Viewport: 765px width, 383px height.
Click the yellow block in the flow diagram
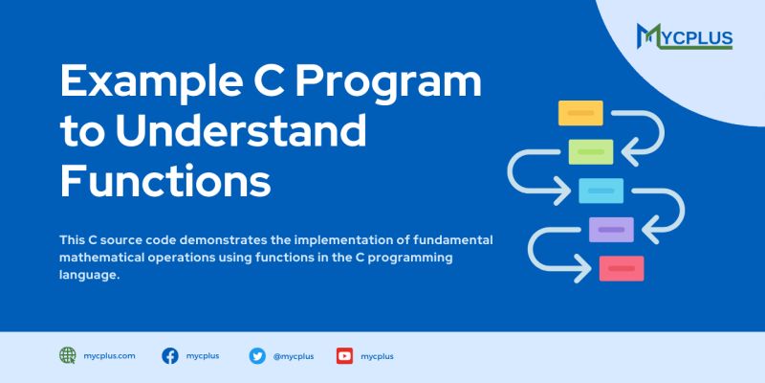click(580, 113)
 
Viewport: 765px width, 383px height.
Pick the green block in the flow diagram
click(591, 151)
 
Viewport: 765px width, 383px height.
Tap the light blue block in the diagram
click(601, 191)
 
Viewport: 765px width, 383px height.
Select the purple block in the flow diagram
click(611, 230)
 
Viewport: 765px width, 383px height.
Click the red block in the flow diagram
click(622, 268)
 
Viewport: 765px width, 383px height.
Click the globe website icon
click(68, 355)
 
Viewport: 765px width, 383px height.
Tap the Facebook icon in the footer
click(170, 355)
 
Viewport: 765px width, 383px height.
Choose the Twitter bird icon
click(257, 355)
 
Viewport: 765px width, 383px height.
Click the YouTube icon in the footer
click(344, 355)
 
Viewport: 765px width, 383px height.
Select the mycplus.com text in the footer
click(110, 355)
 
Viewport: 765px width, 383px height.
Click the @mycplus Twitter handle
click(293, 356)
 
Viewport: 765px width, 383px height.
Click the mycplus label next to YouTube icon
click(377, 356)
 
